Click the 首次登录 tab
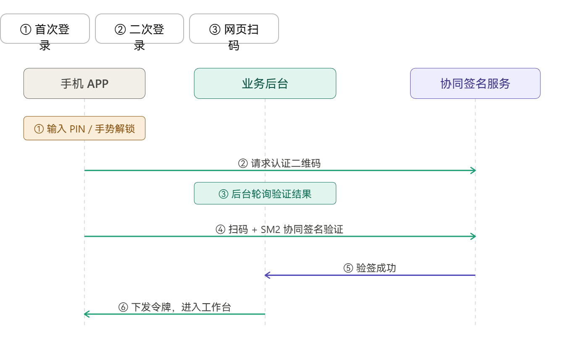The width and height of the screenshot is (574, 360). [x=45, y=29]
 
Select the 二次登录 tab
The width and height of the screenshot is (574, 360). [x=140, y=29]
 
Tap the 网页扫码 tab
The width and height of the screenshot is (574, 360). [x=234, y=29]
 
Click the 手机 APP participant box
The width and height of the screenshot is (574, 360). [x=84, y=83]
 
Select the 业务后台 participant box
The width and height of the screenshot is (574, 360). [x=265, y=83]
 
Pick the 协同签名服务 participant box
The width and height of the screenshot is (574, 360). [x=475, y=83]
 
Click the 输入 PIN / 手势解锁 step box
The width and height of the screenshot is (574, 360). [x=84, y=128]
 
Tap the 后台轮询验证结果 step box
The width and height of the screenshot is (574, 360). [x=265, y=193]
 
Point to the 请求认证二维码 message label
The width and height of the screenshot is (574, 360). [x=279, y=163]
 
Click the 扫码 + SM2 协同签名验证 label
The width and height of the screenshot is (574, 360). [x=279, y=229]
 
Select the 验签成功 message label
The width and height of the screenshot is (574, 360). [x=370, y=268]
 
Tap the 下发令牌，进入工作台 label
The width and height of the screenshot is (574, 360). [x=175, y=307]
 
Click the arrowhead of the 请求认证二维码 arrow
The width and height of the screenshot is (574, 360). [x=473, y=170]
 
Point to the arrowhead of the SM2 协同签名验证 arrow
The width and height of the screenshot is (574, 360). [x=473, y=236]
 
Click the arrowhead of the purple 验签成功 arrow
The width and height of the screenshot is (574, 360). [x=267, y=275]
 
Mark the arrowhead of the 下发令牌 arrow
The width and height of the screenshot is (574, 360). [x=86, y=314]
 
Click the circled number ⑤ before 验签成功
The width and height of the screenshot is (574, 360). [x=348, y=268]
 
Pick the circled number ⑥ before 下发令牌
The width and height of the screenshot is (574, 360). [x=123, y=307]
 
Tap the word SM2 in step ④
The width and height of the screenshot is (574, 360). [x=270, y=229]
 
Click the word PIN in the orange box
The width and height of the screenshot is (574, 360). [x=77, y=129]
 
